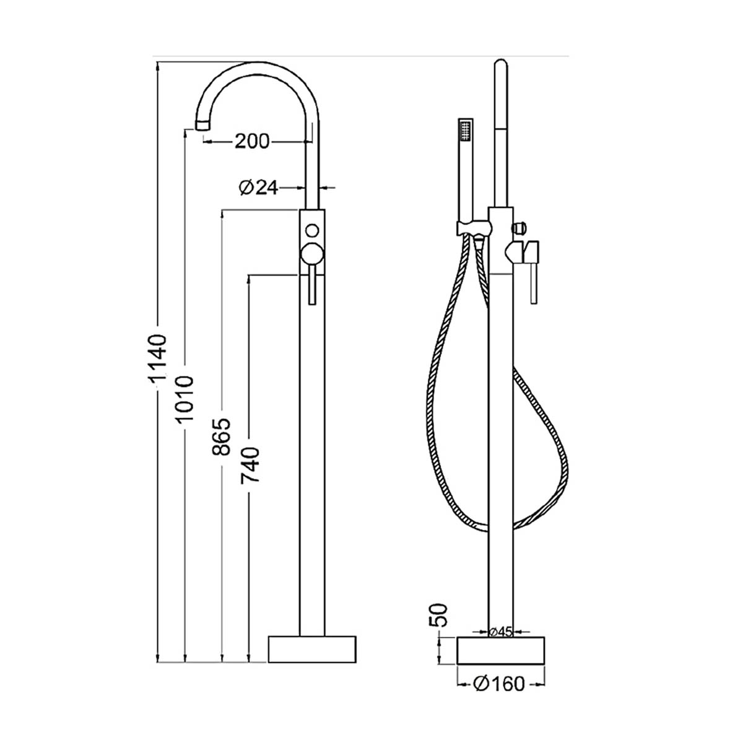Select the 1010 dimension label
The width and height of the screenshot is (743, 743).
coord(185,398)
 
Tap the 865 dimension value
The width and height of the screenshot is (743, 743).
coord(222,436)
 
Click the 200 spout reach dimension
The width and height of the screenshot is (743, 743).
coord(252,142)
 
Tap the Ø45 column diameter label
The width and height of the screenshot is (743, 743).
coord(500,632)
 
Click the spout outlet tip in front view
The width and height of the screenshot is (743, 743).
coord(204,125)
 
